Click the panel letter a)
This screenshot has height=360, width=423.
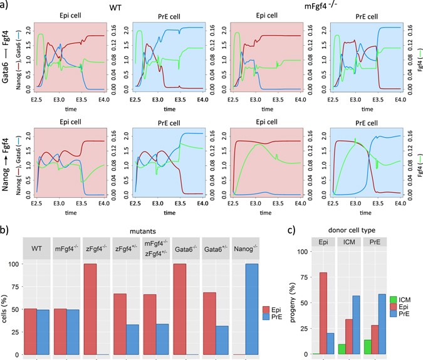[x=6, y=6]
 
